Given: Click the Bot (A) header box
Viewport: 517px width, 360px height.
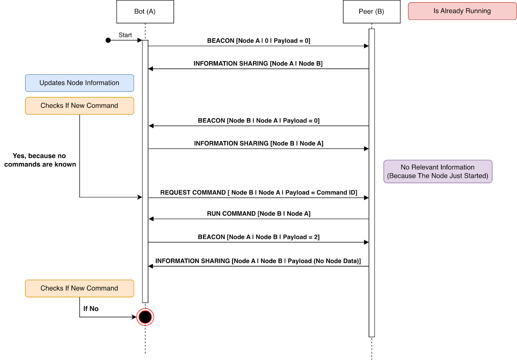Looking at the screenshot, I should click(x=145, y=12).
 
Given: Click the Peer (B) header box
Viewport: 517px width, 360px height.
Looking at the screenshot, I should click(x=371, y=12).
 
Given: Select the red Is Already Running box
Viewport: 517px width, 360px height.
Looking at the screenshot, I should click(x=462, y=11).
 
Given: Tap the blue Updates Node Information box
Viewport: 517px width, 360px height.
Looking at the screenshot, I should click(x=79, y=83).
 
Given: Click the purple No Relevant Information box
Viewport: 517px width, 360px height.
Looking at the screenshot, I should click(x=438, y=172).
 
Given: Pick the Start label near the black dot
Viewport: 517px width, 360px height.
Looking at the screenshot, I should click(x=125, y=35).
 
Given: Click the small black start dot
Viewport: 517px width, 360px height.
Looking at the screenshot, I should click(x=108, y=40).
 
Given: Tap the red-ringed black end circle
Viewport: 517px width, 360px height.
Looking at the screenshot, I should click(x=145, y=317).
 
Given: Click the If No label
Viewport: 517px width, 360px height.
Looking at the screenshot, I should click(x=91, y=309).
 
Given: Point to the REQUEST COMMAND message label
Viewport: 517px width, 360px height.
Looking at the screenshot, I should click(x=258, y=193).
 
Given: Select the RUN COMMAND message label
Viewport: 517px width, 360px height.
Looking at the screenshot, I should click(x=258, y=214).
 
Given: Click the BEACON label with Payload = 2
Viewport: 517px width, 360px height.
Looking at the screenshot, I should click(x=258, y=237).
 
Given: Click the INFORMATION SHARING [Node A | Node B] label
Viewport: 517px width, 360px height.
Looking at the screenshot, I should click(x=258, y=64).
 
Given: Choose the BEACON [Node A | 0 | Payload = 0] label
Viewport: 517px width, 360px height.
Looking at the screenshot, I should click(x=258, y=41).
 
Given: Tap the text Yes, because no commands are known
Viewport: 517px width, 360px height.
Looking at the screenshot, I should click(x=40, y=160).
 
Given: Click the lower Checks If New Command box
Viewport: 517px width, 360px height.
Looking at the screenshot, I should click(x=79, y=288).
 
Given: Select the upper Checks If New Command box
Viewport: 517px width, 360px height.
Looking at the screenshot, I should click(x=79, y=106).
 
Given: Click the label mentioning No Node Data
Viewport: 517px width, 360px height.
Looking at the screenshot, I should click(x=258, y=261).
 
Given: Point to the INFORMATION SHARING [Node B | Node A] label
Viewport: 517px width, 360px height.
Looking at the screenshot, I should click(x=258, y=143).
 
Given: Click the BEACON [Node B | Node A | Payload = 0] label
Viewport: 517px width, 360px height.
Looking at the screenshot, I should click(x=258, y=121).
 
